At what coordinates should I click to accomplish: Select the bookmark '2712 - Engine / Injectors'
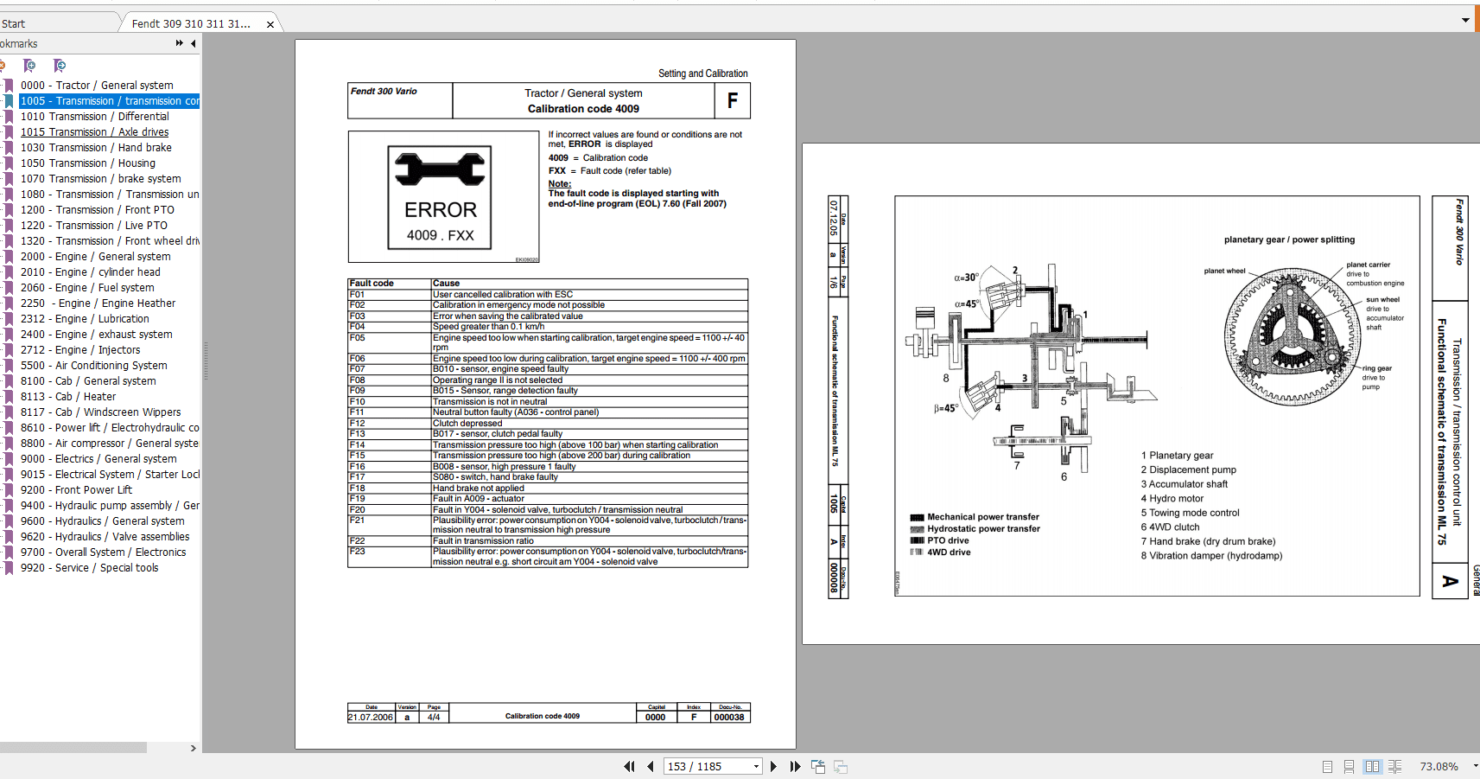pyautogui.click(x=80, y=350)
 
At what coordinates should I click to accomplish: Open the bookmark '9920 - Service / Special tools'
pyautogui.click(x=90, y=568)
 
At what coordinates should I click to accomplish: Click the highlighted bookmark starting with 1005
pyautogui.click(x=110, y=101)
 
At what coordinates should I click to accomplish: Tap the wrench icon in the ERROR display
pyautogui.click(x=440, y=169)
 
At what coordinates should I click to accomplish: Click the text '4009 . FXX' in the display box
pyautogui.click(x=440, y=235)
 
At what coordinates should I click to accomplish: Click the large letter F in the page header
pyautogui.click(x=732, y=101)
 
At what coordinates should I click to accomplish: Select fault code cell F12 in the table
pyautogui.click(x=358, y=424)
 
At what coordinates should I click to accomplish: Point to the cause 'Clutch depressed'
pyautogui.click(x=467, y=424)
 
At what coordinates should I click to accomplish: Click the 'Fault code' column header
pyautogui.click(x=372, y=284)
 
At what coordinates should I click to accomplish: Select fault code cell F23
pyautogui.click(x=358, y=552)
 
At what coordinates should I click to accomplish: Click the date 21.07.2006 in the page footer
pyautogui.click(x=371, y=717)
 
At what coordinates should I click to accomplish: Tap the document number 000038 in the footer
pyautogui.click(x=729, y=717)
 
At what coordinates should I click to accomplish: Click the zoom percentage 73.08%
pyautogui.click(x=1439, y=767)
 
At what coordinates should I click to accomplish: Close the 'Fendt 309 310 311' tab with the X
pyautogui.click(x=270, y=24)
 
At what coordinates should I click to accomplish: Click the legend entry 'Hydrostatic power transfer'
pyautogui.click(x=983, y=529)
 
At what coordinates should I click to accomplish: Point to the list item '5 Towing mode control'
pyautogui.click(x=1190, y=513)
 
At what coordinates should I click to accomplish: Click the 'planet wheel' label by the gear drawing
pyautogui.click(x=1224, y=271)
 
